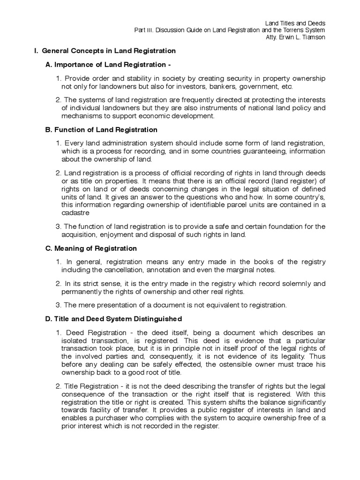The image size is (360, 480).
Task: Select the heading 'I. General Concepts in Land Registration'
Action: (x=102, y=51)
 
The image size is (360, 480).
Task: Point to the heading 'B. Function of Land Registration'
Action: (x=101, y=129)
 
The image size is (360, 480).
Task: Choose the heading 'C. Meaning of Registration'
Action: (x=90, y=248)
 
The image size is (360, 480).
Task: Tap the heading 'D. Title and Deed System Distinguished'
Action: (x=113, y=319)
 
